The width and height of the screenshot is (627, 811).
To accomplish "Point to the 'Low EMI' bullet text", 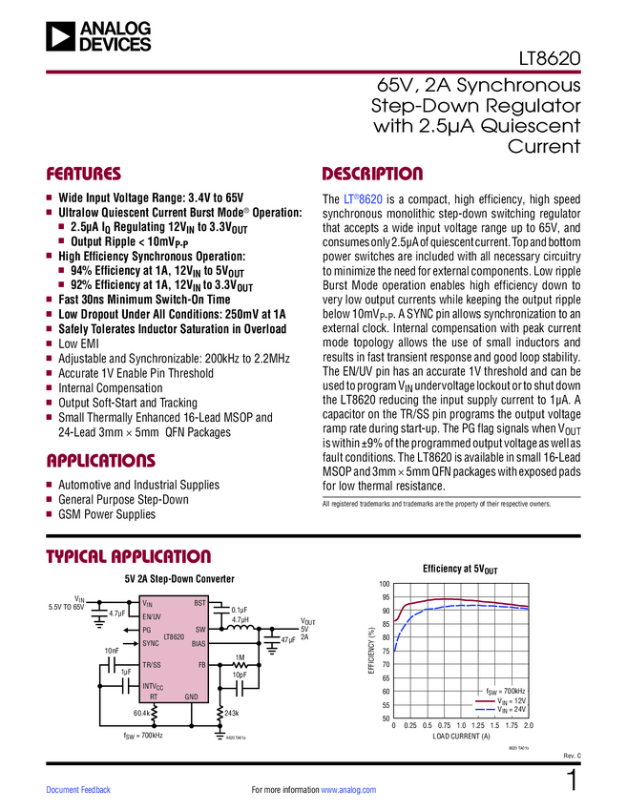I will click(79, 343).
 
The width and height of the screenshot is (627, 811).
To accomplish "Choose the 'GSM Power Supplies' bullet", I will click(107, 515).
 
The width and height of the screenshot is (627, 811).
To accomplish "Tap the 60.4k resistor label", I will click(143, 712).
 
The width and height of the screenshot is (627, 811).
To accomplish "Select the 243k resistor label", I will click(232, 713).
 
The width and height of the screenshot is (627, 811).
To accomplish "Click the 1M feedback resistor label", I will click(240, 657).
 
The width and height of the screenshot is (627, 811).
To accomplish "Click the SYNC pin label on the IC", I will click(150, 644).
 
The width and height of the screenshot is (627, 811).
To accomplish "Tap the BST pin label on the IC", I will click(199, 604).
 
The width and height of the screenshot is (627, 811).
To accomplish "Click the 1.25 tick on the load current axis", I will click(477, 727).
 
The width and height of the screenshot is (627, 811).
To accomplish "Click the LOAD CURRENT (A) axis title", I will click(461, 738).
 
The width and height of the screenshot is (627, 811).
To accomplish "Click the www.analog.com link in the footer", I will click(348, 790).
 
